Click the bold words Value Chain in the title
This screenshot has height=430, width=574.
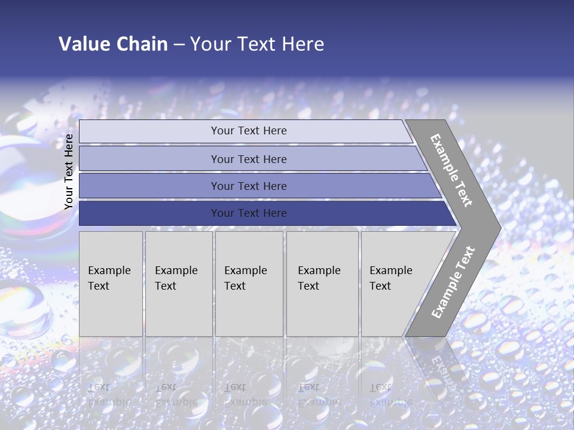pos(113,44)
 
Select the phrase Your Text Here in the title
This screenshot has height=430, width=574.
pos(257,44)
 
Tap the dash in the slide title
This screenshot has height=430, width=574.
pos(179,45)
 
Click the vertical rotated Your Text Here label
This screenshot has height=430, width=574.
pos(69,171)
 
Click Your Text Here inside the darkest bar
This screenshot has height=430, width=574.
pos(249,213)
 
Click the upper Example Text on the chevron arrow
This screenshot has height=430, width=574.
pos(451,170)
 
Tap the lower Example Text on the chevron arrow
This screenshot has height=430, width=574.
pos(453,282)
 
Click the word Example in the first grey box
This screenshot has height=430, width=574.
pos(109,271)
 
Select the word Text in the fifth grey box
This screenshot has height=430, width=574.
pos(380,286)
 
